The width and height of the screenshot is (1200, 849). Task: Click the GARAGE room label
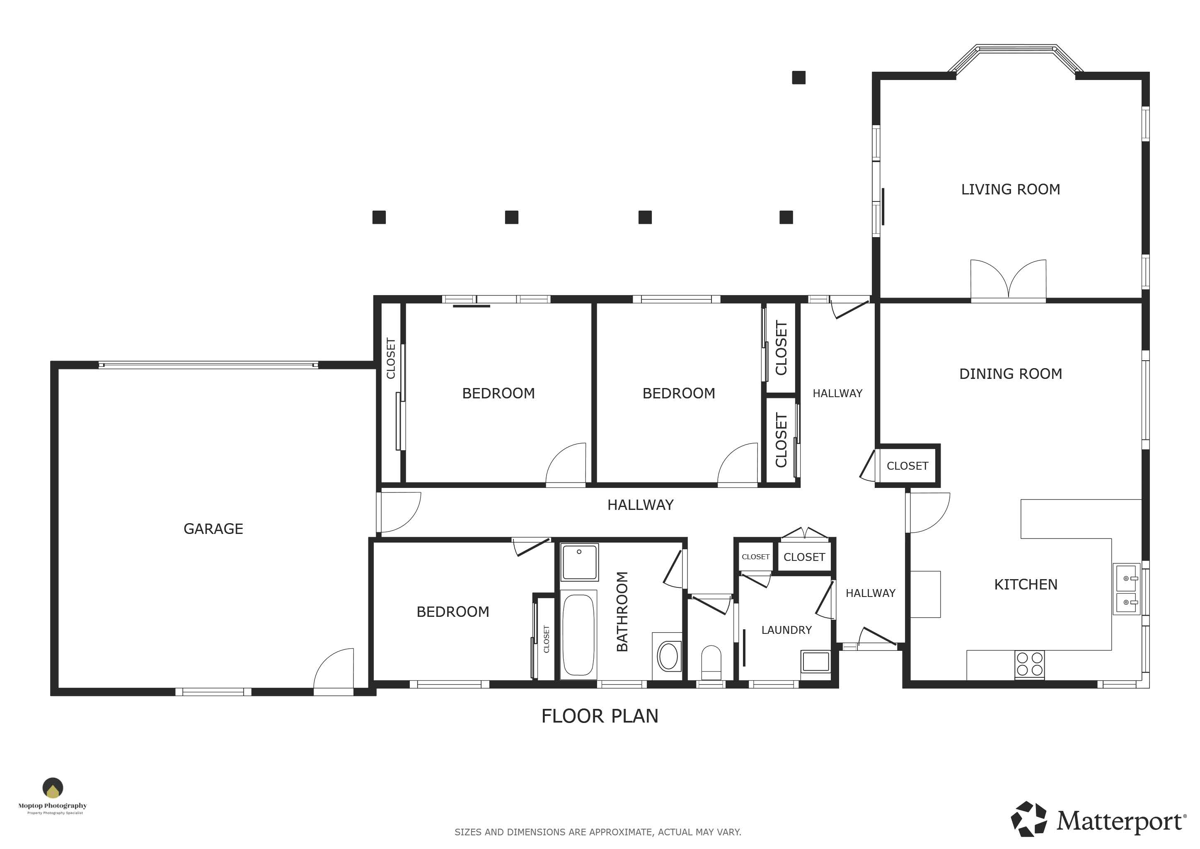pyautogui.click(x=213, y=529)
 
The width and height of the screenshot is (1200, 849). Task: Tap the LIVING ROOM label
pyautogui.click(x=1011, y=189)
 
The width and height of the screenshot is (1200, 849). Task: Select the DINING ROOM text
pyautogui.click(x=1011, y=374)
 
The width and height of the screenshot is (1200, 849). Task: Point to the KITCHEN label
pyautogui.click(x=1026, y=585)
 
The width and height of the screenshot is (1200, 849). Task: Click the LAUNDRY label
pyautogui.click(x=786, y=630)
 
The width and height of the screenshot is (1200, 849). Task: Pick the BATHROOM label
pyautogui.click(x=622, y=611)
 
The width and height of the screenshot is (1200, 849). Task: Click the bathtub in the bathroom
pyautogui.click(x=578, y=635)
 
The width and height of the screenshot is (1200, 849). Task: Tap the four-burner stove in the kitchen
pyautogui.click(x=1030, y=664)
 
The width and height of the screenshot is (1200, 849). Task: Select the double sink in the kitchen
pyautogui.click(x=1126, y=589)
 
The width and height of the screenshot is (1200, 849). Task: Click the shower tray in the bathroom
pyautogui.click(x=579, y=562)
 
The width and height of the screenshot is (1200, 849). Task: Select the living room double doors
pyautogui.click(x=1008, y=280)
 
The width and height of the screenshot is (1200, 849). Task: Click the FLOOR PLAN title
pyautogui.click(x=600, y=716)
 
